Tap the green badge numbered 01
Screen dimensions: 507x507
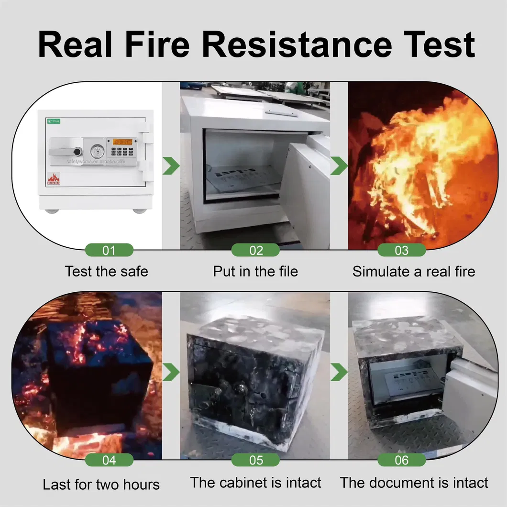(x=109, y=250)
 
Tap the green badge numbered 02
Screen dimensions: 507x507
(x=256, y=250)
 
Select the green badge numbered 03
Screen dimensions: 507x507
(x=401, y=250)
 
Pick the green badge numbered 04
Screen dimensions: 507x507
(x=109, y=460)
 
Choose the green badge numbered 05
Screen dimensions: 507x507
(x=256, y=460)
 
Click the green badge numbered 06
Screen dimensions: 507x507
(x=401, y=460)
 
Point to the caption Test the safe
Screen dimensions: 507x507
(x=106, y=272)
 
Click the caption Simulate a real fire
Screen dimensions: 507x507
(x=414, y=272)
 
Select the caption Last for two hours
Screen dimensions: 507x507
(x=101, y=484)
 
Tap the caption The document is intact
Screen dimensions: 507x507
(x=414, y=483)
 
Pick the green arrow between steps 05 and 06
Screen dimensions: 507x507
(x=340, y=371)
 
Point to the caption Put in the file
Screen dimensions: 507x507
(x=255, y=272)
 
